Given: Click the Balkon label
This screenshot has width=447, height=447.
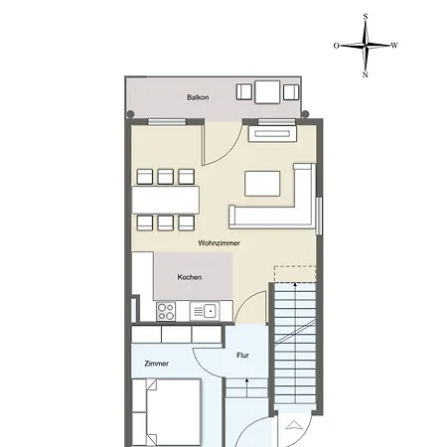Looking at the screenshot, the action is point(198,97).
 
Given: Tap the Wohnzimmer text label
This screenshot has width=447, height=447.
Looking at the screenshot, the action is point(219,243).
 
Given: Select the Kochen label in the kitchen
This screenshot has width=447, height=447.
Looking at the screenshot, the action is point(190,277).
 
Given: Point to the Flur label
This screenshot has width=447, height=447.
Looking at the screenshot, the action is point(242,356).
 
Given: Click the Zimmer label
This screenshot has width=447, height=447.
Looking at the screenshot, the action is point(156,364).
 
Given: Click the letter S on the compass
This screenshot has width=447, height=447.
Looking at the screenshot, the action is point(366,17).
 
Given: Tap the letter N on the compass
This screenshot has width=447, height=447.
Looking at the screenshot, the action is point(366,74).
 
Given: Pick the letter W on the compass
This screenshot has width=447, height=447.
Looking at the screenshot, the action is point(394,46).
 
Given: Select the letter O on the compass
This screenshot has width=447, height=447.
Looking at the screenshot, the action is point(337,46).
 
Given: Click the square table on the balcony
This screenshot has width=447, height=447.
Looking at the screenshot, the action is point(267,92).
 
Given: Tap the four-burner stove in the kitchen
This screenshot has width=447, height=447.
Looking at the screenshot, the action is point(166,311).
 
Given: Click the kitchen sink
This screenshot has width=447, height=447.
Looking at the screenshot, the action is point(205,311).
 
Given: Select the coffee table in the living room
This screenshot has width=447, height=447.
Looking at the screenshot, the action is point(262,184).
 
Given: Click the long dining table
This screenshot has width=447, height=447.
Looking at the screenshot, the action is point(166,200).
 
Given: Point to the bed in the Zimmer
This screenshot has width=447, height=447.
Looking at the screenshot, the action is point(167,412).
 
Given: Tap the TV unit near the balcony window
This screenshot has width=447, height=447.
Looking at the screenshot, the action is point(272,134).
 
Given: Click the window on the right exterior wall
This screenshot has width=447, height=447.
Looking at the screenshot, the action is point(319,217).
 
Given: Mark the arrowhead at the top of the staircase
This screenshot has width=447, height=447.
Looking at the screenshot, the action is point(295,284).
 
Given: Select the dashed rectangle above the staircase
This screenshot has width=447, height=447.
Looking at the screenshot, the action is point(295,274).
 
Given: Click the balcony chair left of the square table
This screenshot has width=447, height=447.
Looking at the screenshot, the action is point(244,92).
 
